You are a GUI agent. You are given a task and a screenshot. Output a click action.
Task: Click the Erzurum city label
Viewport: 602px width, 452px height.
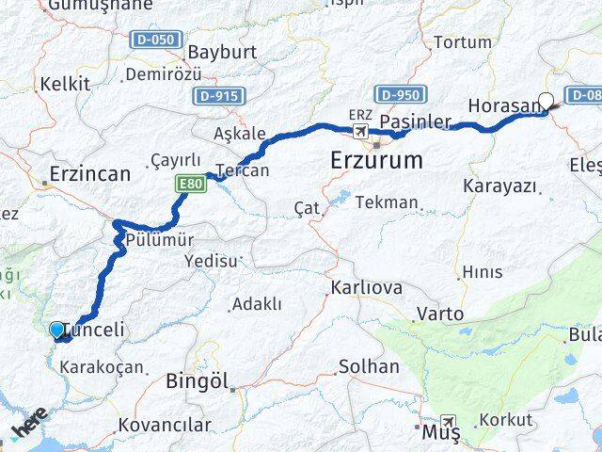376,161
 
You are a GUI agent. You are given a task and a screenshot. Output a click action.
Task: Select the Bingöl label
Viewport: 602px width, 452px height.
197,381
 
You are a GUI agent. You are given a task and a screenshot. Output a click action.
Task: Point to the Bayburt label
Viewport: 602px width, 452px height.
223,52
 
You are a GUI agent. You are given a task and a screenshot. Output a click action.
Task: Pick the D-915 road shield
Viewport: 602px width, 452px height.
219,96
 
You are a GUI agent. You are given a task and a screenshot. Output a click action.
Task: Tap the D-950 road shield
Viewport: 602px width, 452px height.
402,94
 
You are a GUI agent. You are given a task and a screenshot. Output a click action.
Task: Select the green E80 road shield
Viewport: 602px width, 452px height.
186,186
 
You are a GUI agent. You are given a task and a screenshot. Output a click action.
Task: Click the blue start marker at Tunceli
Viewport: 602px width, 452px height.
57,330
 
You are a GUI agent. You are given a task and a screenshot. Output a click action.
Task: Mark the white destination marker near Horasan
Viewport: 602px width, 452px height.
546,101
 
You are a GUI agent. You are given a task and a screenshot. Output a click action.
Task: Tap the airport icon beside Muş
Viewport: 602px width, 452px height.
451,423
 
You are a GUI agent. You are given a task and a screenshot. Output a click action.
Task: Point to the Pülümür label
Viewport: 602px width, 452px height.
154,240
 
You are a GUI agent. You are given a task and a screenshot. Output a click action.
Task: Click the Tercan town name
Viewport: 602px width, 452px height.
243,170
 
